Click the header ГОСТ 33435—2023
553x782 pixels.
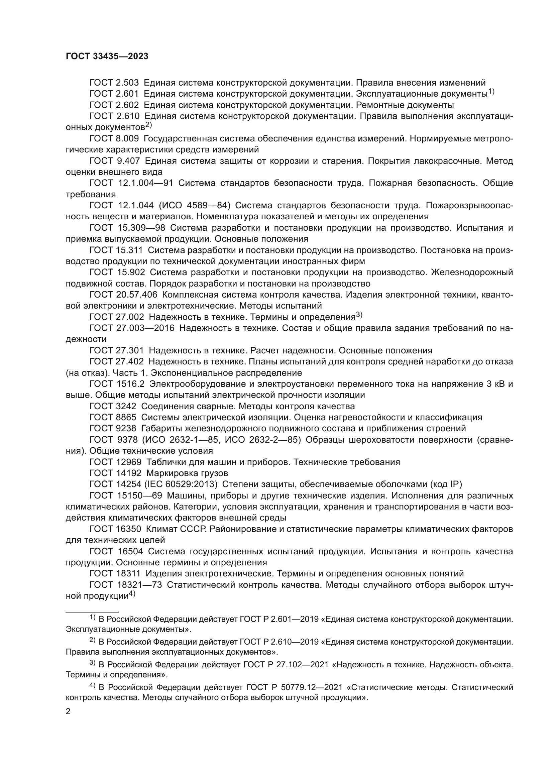point(107,57)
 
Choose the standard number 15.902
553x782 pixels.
point(130,272)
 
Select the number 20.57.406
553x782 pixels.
point(136,295)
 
